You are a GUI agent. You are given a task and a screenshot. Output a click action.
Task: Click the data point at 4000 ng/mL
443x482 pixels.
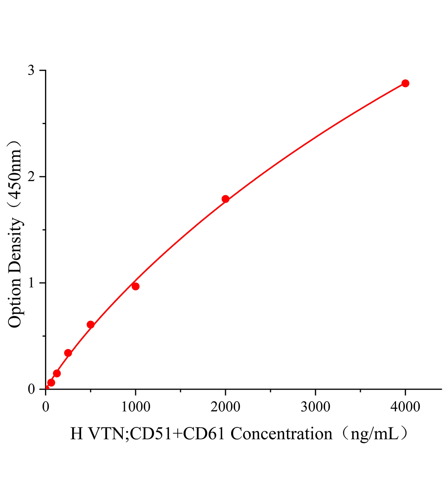[x=405, y=83]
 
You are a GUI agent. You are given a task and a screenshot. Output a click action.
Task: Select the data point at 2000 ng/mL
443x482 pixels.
[x=226, y=199]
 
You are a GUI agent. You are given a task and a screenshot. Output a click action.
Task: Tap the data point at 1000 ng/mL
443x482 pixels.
[x=136, y=286]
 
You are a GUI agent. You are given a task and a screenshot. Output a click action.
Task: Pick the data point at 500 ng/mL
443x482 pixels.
[x=91, y=325]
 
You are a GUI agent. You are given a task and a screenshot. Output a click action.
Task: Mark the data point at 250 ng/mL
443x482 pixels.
[x=68, y=353]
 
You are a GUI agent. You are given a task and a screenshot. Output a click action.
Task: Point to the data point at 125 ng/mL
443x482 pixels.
[x=57, y=374]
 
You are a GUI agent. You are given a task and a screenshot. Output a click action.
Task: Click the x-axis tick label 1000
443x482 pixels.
[x=136, y=407]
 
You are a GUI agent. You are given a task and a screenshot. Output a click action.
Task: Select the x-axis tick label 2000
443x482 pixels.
[x=226, y=407]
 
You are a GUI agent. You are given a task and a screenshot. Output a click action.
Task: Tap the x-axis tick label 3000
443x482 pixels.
[x=315, y=407]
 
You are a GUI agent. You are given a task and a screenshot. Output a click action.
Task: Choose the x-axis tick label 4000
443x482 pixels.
[x=405, y=407]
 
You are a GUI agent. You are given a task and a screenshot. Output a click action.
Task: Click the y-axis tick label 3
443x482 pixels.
[x=31, y=71]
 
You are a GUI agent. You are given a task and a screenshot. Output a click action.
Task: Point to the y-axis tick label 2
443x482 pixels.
[x=31, y=177]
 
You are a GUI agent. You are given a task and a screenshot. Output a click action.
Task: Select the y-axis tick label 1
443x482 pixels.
[x=31, y=283]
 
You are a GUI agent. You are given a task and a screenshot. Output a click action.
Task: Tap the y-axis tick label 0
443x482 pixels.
[x=31, y=389]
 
